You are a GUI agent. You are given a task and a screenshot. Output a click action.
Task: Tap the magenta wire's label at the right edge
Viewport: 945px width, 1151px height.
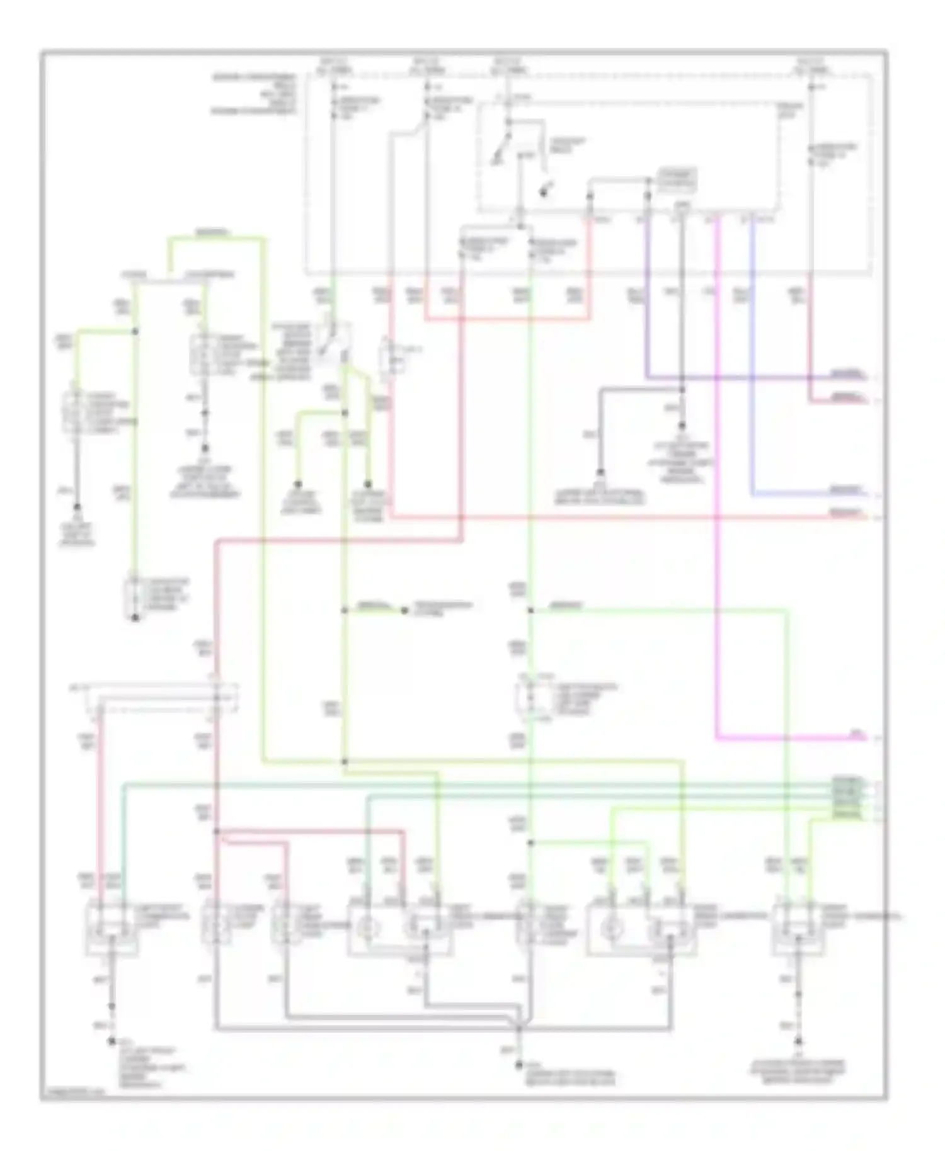point(857,734)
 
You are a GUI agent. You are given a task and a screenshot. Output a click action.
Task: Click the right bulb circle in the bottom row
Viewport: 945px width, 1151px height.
point(608,928)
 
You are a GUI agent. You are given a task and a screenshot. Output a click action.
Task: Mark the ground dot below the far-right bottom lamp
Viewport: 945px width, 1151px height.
point(798,1042)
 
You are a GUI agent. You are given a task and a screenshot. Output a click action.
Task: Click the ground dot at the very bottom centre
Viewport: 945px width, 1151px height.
point(519,1065)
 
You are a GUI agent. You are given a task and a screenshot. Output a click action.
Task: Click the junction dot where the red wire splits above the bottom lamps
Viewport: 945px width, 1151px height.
point(216,831)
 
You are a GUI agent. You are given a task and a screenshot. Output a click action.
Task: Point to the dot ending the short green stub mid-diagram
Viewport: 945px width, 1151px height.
point(404,610)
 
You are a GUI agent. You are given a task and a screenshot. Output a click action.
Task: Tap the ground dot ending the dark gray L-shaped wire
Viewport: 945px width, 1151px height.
point(601,472)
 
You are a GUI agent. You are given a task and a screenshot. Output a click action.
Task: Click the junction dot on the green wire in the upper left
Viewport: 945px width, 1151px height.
point(135,331)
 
